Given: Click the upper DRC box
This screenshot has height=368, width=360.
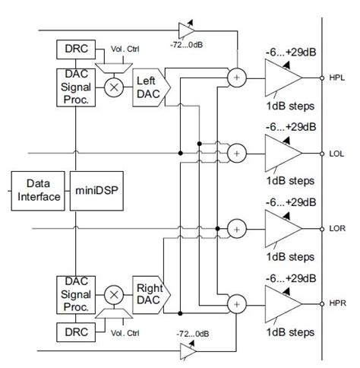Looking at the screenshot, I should pos(75,50).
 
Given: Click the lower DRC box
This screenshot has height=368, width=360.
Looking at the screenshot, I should pos(75,332).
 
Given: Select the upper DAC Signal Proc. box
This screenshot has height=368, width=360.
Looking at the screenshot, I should pos(75,87).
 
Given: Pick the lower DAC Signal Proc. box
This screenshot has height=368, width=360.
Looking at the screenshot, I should pos(75,295).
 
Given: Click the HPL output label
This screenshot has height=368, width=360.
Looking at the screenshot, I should pos(339,78).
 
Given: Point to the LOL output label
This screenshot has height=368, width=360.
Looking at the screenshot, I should pos(339,154).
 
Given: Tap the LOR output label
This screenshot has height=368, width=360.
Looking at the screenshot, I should pos(339,228).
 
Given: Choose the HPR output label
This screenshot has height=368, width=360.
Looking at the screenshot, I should pos(339,302).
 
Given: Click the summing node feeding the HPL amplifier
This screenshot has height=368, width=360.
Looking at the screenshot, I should pos(237,78).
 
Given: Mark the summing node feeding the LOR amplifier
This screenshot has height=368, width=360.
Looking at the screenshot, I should pos(237,228).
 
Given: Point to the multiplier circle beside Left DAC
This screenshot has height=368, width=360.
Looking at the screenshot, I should pos(115,87).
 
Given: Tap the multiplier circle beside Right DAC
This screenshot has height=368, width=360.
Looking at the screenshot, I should pos(115,293).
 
